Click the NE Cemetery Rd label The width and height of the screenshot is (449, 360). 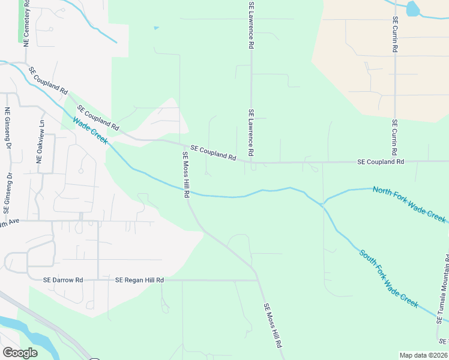[x=26, y=25]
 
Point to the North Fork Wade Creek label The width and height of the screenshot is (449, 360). [x=409, y=204]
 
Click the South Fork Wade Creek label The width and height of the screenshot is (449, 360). [x=388, y=278]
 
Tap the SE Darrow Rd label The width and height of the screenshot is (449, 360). [x=62, y=280]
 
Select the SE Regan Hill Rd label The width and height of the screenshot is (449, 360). [x=139, y=280]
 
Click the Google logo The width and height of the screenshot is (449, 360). [x=20, y=353]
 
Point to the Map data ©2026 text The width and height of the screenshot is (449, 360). [x=423, y=355]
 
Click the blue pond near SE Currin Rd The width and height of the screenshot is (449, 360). [x=413, y=9]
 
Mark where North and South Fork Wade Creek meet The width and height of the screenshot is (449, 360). [x=323, y=204]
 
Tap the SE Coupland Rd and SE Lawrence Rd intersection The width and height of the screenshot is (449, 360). [x=252, y=162]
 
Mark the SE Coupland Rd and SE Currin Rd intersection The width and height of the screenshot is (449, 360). [x=394, y=161]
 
